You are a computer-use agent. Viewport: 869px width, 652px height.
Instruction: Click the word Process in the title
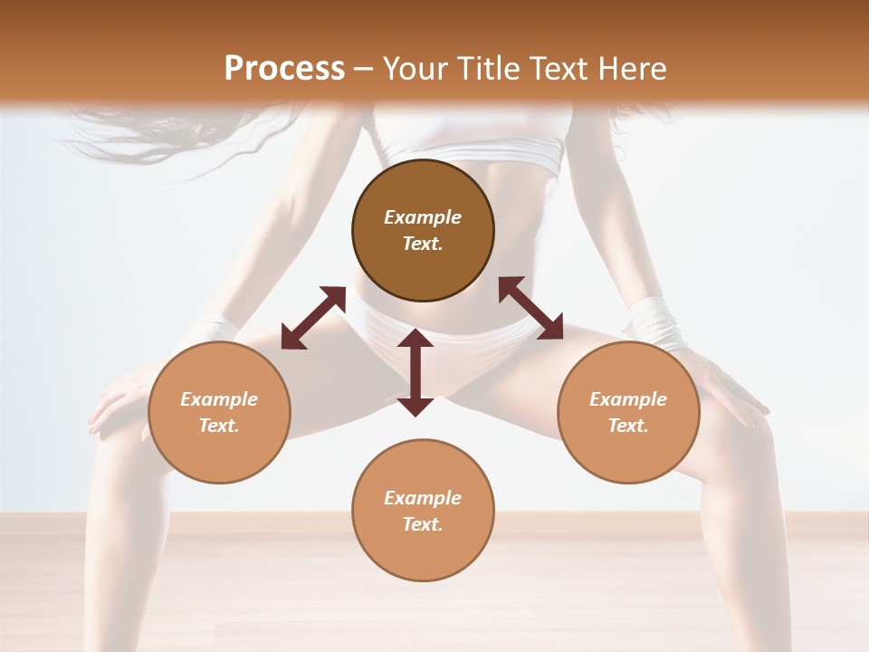pyautogui.click(x=284, y=68)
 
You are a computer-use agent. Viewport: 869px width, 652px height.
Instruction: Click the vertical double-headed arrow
pyautogui.click(x=415, y=372)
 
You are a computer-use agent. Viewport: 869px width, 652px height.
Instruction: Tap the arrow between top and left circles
pyautogui.click(x=313, y=317)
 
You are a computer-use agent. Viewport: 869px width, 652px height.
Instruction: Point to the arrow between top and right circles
pyautogui.click(x=530, y=308)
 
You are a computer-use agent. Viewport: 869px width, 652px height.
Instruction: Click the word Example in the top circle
pyautogui.click(x=423, y=217)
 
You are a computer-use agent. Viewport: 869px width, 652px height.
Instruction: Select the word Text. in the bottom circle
pyautogui.click(x=423, y=524)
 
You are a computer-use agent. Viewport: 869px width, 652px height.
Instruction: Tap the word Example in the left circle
pyautogui.click(x=219, y=399)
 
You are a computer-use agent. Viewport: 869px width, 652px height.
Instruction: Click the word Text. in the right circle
pyautogui.click(x=628, y=426)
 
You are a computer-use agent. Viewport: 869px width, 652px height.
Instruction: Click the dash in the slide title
pyautogui.click(x=364, y=69)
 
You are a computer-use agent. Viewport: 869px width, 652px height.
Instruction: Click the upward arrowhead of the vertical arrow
pyautogui.click(x=415, y=339)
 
